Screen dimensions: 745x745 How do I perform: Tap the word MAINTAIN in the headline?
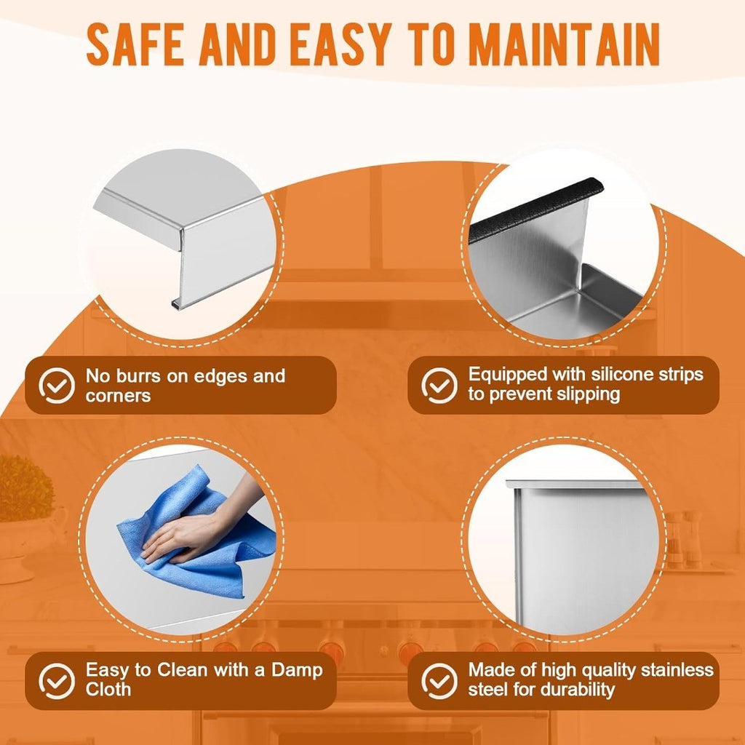click(566, 44)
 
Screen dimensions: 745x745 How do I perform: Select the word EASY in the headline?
click(340, 44)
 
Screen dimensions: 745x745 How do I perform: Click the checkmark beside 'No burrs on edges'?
click(57, 386)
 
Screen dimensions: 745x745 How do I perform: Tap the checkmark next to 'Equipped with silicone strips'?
click(439, 386)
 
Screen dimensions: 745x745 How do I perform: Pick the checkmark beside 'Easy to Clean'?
click(57, 681)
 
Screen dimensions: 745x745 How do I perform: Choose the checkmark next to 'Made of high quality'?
click(439, 681)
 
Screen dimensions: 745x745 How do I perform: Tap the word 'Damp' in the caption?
click(297, 670)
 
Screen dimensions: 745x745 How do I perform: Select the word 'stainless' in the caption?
click(677, 670)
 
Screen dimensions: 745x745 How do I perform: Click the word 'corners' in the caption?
click(119, 396)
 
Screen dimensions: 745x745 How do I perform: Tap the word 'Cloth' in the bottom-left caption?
click(108, 690)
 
